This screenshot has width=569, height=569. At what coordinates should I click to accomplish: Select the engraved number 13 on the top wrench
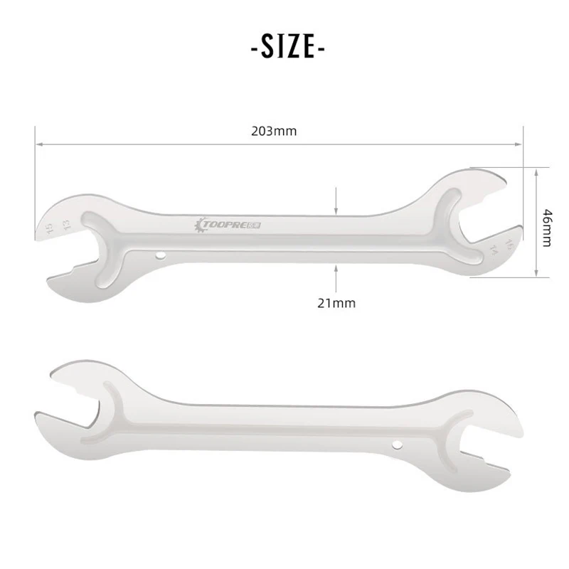click(x=66, y=225)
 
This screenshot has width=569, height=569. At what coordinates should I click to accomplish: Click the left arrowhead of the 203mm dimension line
click(x=40, y=144)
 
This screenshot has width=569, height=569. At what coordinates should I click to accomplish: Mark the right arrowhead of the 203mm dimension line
click(x=519, y=144)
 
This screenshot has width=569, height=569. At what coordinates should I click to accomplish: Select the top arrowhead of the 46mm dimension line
click(x=536, y=171)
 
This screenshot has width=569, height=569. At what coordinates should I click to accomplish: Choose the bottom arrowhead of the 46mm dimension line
click(x=536, y=273)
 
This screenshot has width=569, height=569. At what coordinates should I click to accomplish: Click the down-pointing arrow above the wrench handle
click(x=337, y=207)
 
